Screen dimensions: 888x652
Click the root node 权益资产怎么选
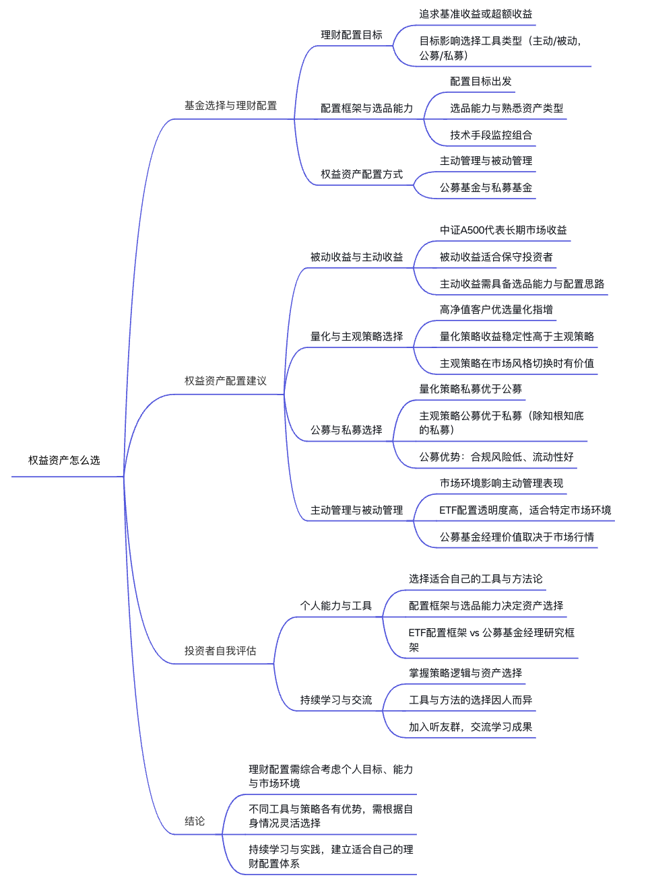click(64, 460)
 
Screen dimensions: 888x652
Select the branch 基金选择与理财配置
click(230, 106)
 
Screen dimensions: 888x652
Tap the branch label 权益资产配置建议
click(225, 381)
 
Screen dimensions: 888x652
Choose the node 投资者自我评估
click(220, 651)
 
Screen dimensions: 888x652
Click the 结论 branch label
click(195, 821)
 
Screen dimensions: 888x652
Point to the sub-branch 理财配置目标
click(351, 35)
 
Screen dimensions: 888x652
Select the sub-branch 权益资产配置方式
click(361, 174)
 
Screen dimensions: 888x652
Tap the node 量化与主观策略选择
click(356, 337)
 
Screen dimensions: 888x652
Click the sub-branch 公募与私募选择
click(346, 430)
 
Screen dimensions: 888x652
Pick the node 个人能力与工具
click(335, 606)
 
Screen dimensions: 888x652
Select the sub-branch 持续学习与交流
click(335, 700)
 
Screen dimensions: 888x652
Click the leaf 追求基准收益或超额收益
click(476, 14)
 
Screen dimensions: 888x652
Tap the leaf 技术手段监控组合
click(491, 135)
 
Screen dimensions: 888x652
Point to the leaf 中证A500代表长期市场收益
click(503, 230)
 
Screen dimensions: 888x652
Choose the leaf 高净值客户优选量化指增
click(496, 310)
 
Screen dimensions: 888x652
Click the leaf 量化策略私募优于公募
click(470, 389)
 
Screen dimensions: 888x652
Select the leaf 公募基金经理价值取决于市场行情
click(517, 537)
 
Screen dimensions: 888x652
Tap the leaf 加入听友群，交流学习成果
click(470, 727)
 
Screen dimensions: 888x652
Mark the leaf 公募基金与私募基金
click(486, 188)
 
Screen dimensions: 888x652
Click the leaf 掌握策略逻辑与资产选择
click(465, 673)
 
